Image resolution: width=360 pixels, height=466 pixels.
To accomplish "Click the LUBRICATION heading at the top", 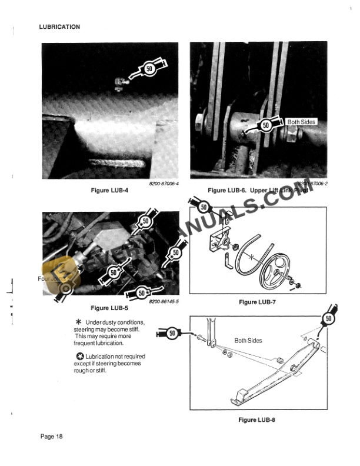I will (59, 26).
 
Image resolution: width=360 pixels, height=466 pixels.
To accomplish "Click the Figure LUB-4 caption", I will (109, 190).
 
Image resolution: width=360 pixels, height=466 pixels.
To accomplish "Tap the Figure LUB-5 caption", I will (109, 308).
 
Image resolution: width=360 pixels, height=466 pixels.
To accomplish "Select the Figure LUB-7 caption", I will (257, 302).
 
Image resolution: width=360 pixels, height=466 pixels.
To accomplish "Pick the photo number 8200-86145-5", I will (164, 301).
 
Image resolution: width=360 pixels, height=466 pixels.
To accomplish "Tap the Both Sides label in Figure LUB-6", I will (301, 122).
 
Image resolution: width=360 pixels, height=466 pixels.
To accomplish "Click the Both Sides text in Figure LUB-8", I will (248, 340).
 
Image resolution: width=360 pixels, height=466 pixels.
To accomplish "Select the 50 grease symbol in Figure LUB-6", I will (265, 125).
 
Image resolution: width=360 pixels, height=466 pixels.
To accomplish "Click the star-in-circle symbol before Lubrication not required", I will (79, 357).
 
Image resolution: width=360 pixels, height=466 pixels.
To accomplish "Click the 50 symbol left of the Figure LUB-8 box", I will (172, 334).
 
